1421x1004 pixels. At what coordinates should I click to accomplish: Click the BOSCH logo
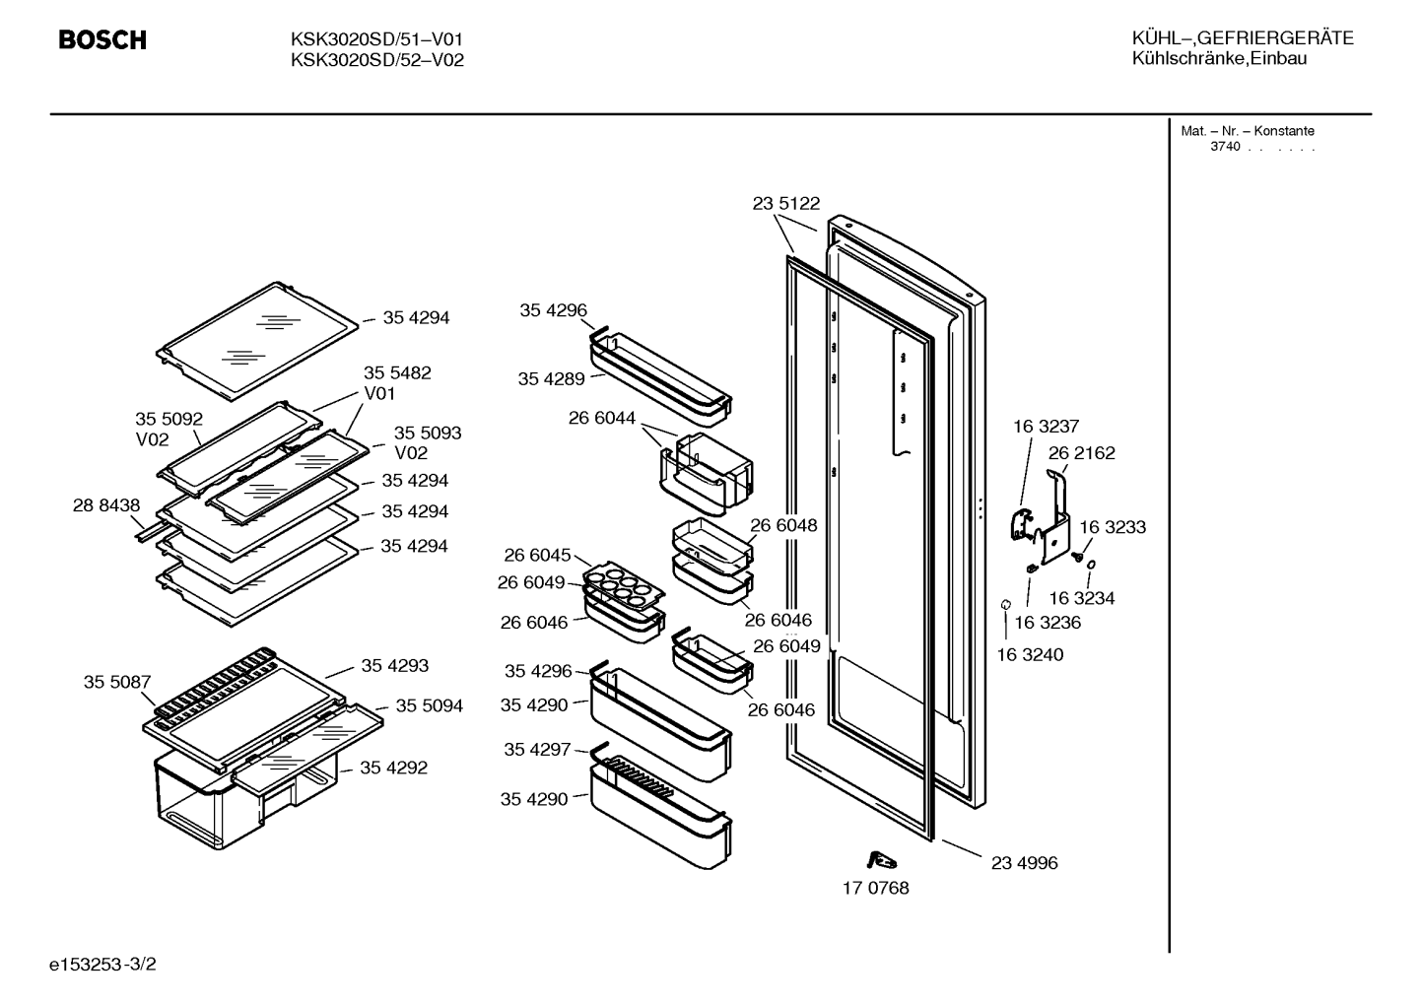click(x=102, y=40)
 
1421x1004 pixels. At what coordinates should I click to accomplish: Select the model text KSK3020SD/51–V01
click(x=376, y=39)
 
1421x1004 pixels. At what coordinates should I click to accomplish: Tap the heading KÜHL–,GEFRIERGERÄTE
click(x=1243, y=38)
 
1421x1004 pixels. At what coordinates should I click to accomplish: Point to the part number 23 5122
click(x=786, y=203)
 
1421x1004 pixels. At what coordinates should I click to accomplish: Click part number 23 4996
click(x=1025, y=862)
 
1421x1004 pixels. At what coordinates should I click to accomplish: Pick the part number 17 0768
click(x=875, y=888)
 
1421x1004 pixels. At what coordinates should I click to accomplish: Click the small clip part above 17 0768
click(x=881, y=860)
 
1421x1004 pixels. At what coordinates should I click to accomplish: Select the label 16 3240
click(x=1030, y=654)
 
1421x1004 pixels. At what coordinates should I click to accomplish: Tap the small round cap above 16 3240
click(x=1005, y=604)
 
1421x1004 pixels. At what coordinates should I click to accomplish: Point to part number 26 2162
click(x=1081, y=453)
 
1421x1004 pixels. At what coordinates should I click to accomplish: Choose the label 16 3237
click(x=1046, y=427)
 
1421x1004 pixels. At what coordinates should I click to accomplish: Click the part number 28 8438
click(x=106, y=505)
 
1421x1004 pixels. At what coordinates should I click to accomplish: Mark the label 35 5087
click(x=117, y=682)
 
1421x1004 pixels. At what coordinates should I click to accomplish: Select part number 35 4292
click(x=394, y=768)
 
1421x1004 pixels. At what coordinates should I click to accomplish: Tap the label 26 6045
click(x=537, y=555)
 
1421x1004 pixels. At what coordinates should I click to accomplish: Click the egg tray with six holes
click(x=623, y=585)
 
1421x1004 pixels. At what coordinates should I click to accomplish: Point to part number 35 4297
click(x=537, y=749)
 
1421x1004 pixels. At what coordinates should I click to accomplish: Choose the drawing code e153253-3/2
click(x=102, y=964)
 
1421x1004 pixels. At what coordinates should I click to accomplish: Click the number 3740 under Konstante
click(x=1225, y=147)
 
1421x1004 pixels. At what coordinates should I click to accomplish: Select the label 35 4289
click(x=551, y=378)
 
